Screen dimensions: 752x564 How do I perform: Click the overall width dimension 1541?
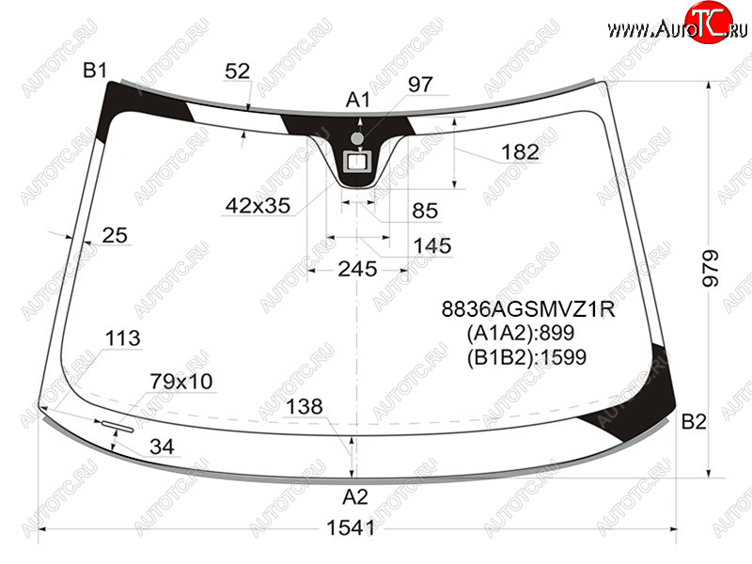[x=350, y=528]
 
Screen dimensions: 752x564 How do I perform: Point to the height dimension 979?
[x=711, y=268]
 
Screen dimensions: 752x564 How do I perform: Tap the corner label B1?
[x=95, y=70]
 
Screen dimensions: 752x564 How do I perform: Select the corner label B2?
[x=694, y=421]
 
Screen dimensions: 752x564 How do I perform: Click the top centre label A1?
[x=358, y=101]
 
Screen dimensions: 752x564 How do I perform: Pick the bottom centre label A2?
[x=355, y=497]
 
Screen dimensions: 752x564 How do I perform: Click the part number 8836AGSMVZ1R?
[x=528, y=309]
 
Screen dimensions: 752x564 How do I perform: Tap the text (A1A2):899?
[x=521, y=333]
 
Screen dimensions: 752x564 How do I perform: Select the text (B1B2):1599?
[x=526, y=357]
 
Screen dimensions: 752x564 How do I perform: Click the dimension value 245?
[x=357, y=269]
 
